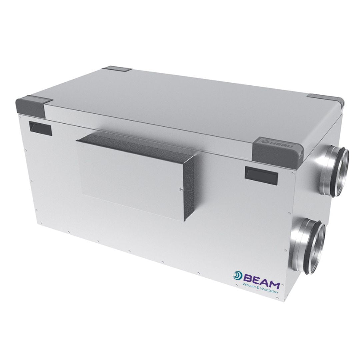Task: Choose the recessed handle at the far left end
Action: click(x=40, y=128)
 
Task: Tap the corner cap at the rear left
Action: click(x=117, y=69)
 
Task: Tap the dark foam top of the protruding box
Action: click(x=140, y=141)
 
